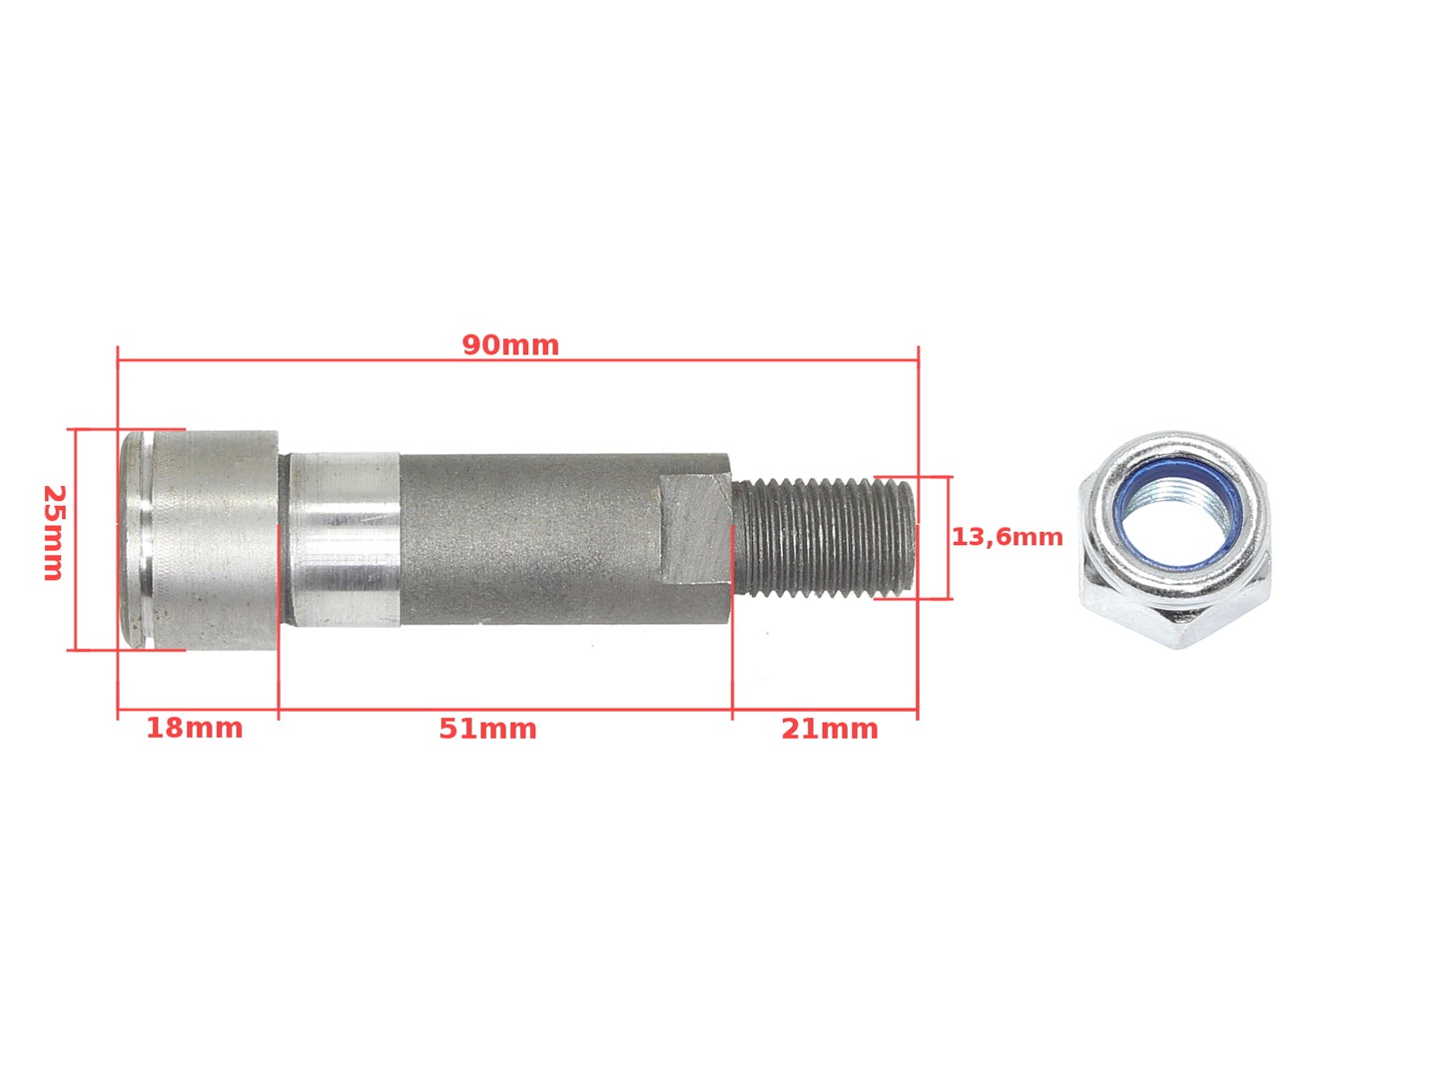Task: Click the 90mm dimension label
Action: (x=510, y=345)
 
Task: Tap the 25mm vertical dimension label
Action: (x=54, y=532)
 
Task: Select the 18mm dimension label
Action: (x=194, y=728)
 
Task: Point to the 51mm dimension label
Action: (x=487, y=729)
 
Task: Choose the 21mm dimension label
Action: (x=830, y=729)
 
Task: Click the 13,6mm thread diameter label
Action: (x=1007, y=537)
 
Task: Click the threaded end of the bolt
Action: (x=822, y=537)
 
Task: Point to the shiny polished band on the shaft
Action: (x=344, y=538)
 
